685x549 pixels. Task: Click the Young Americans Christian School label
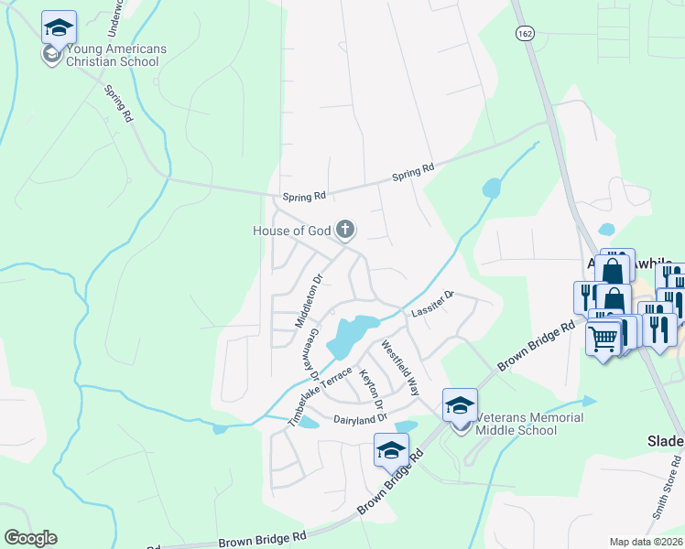pyautogui.click(x=105, y=55)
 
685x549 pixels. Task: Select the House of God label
pyautogui.click(x=290, y=231)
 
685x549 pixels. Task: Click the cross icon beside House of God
pyautogui.click(x=345, y=229)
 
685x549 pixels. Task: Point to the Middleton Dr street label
pyautogui.click(x=309, y=301)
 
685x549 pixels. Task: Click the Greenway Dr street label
pyautogui.click(x=312, y=355)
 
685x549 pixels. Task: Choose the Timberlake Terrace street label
pyautogui.click(x=320, y=396)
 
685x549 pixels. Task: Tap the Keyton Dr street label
pyautogui.click(x=371, y=390)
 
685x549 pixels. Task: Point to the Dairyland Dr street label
pyautogui.click(x=361, y=418)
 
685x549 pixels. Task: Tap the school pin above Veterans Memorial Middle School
pyautogui.click(x=460, y=405)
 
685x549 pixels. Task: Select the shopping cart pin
pyautogui.click(x=603, y=339)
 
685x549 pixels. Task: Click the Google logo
pyautogui.click(x=30, y=538)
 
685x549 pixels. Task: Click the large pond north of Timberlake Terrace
pyautogui.click(x=348, y=335)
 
